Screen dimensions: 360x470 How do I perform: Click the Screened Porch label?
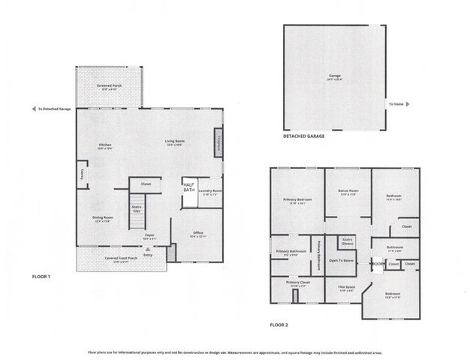tap(109, 86)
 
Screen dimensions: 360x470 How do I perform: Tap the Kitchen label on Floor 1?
tap(104, 145)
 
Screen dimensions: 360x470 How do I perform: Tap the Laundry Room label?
tap(210, 190)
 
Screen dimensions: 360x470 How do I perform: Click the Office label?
tap(198, 233)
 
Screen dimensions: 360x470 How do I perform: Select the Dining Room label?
tap(103, 218)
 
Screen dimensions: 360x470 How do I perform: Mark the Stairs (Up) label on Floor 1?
tap(137, 208)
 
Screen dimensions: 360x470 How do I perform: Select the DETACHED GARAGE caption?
tap(304, 137)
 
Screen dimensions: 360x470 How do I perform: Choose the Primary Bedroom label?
tap(297, 200)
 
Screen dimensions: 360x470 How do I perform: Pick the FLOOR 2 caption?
tap(280, 325)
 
